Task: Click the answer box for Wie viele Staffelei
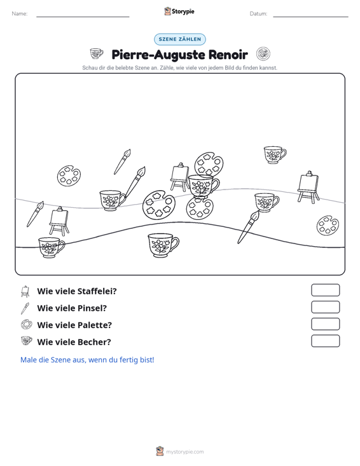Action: pos(325,290)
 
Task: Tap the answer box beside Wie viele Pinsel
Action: pos(325,307)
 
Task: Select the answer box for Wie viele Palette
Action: pos(325,324)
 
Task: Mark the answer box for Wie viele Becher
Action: pos(325,341)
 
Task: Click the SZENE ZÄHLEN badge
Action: pos(180,39)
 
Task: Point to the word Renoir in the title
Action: pos(228,55)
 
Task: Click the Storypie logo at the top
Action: pos(179,11)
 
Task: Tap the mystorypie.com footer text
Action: pos(184,452)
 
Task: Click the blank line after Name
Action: pos(83,17)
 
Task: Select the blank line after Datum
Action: pos(310,17)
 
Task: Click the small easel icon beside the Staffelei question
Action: pos(25,291)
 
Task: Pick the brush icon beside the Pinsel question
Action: pos(25,308)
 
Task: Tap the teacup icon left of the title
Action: pos(97,54)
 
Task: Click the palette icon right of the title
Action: pos(263,54)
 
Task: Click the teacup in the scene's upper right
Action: pos(275,154)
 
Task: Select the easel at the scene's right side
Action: pos(308,188)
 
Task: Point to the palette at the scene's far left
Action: pos(69,175)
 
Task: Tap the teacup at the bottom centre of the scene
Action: pos(163,245)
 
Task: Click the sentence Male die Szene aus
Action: pos(87,360)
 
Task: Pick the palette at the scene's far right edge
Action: pos(328,225)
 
